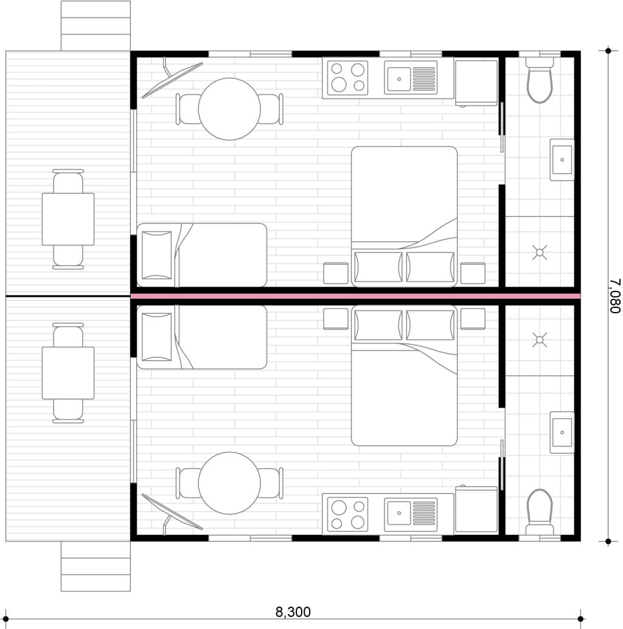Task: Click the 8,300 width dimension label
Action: pyautogui.click(x=293, y=612)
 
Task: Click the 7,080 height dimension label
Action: pyautogui.click(x=614, y=296)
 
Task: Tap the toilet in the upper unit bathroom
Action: pyautogui.click(x=540, y=80)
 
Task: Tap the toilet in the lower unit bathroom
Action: pyautogui.click(x=540, y=512)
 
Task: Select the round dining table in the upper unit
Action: pyautogui.click(x=229, y=109)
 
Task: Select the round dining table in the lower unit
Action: pyautogui.click(x=229, y=483)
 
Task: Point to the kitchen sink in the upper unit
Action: pyautogui.click(x=411, y=78)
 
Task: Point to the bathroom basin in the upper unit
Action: pyautogui.click(x=562, y=159)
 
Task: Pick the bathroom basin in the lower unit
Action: pyautogui.click(x=562, y=433)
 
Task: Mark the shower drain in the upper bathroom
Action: pyautogui.click(x=540, y=252)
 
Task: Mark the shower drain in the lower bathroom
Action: pyautogui.click(x=540, y=340)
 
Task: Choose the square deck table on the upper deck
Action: pyautogui.click(x=68, y=219)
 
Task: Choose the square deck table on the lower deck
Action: pyautogui.click(x=68, y=373)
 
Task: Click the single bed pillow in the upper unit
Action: pyautogui.click(x=156, y=255)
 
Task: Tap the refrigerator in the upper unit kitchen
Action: pyautogui.click(x=476, y=83)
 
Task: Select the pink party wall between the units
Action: pyautogui.click(x=355, y=296)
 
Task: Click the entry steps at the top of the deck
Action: pyautogui.click(x=96, y=26)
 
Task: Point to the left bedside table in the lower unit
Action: pyautogui.click(x=336, y=319)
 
